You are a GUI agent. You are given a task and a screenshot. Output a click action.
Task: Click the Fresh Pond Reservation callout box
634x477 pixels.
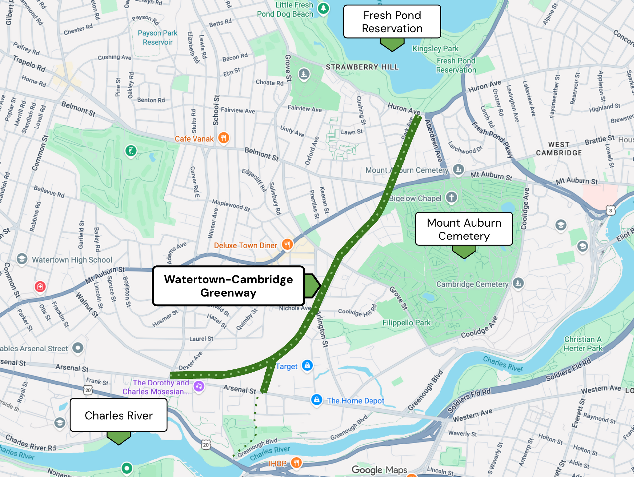[x=392, y=22]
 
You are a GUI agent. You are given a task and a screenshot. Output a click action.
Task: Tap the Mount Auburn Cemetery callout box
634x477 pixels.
[x=464, y=229]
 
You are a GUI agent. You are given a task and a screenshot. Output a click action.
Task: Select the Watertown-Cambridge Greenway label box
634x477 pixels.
[x=228, y=286]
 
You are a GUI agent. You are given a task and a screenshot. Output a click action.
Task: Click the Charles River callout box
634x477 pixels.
[x=118, y=415]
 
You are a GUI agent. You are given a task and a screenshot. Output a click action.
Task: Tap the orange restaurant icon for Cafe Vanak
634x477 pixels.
[x=224, y=138]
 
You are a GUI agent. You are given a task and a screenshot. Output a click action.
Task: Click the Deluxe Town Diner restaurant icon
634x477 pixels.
[x=287, y=244]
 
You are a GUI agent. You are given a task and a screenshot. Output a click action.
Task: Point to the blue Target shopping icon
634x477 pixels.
[x=307, y=365]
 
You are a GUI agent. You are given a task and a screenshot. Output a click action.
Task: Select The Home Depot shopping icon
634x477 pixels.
[x=317, y=400]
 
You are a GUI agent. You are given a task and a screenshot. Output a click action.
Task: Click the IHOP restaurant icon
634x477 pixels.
[x=296, y=462]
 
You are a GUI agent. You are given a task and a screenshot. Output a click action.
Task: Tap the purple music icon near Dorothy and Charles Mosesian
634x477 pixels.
[x=199, y=386]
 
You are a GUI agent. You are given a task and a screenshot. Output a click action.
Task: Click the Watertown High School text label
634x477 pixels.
[x=72, y=260]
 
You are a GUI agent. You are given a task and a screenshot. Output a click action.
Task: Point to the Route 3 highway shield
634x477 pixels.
[x=611, y=210]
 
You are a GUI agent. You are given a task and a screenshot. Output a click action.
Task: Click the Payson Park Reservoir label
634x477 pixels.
[x=158, y=37]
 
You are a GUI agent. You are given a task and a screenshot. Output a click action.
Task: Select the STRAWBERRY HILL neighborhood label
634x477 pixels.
[x=362, y=67]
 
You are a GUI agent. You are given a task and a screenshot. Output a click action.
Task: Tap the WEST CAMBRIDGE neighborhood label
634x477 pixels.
[x=559, y=149]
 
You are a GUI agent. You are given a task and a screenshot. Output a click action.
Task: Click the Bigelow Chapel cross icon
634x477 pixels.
[x=451, y=197]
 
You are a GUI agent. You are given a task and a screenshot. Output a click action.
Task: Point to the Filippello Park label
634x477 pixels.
[x=406, y=323]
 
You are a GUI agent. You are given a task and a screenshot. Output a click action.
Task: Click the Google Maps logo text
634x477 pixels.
[x=379, y=470]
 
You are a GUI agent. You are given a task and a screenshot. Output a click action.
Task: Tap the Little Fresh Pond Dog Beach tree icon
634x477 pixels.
[x=323, y=8]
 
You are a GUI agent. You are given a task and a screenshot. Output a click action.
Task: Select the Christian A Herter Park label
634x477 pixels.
[x=583, y=344]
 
